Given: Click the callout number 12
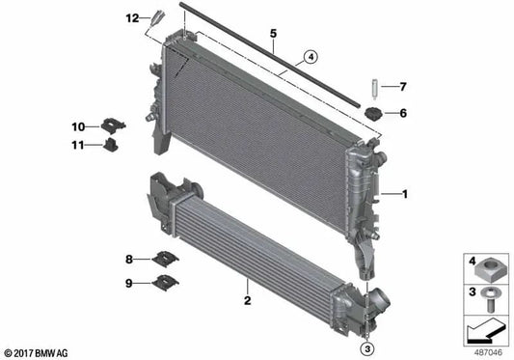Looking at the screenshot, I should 132,18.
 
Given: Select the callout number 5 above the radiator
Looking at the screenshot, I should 274,34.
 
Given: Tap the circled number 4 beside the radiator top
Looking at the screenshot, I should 311,56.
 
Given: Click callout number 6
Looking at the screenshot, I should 403,114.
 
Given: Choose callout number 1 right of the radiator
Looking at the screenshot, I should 406,194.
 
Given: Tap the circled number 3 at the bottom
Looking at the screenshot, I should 366,348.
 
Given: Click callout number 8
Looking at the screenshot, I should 128,259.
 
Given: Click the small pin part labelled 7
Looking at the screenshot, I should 371,90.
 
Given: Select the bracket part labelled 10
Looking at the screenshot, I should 110,126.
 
